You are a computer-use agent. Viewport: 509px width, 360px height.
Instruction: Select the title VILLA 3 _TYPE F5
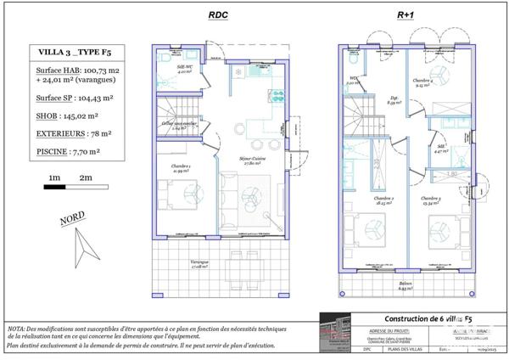(73, 53)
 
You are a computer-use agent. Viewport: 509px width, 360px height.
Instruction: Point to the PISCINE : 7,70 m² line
(69, 150)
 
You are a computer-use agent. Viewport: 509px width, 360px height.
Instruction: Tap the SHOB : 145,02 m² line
(68, 115)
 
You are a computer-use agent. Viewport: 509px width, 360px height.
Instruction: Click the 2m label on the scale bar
(85, 177)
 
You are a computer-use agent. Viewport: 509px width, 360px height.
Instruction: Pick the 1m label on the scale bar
(53, 177)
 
